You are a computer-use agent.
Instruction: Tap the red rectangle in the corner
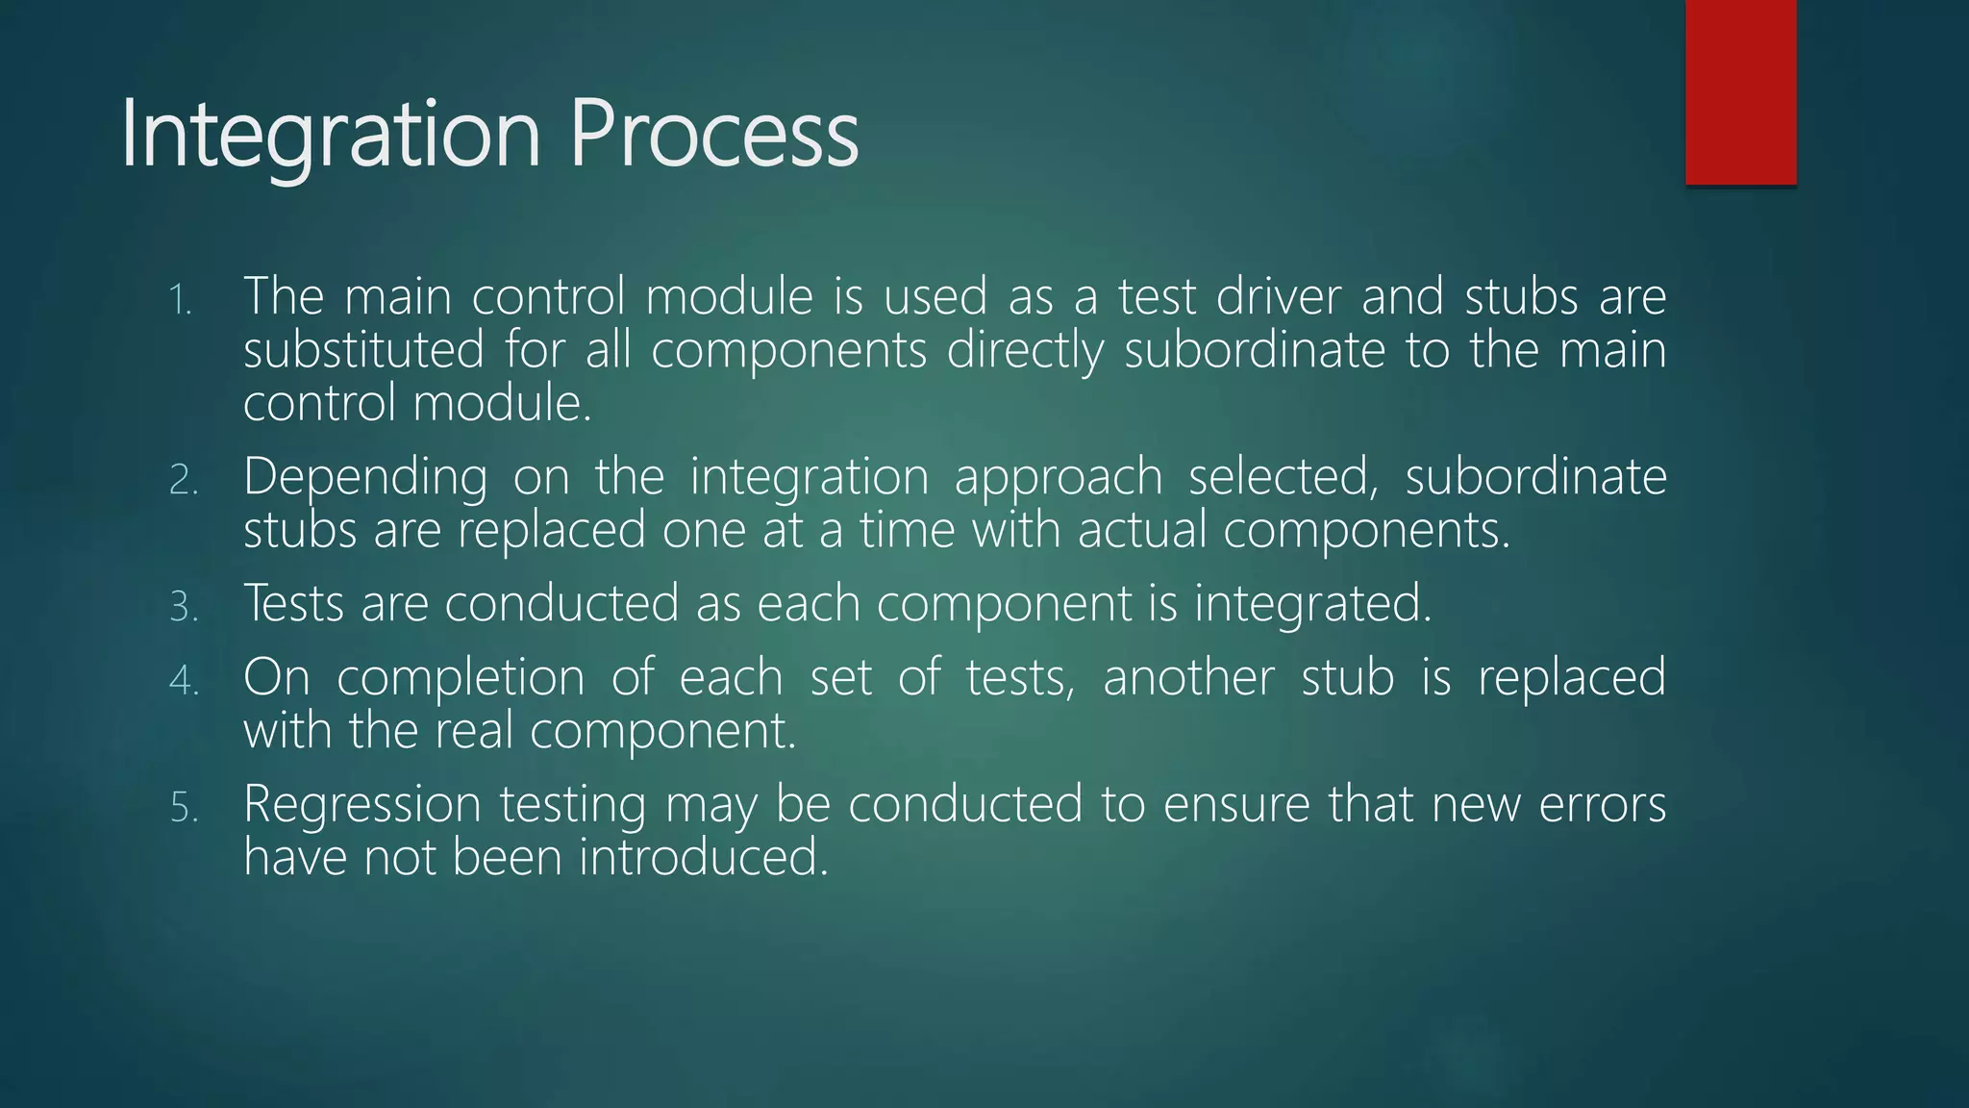(x=1740, y=91)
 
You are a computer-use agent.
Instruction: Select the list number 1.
(x=180, y=301)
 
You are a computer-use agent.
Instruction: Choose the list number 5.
(x=183, y=808)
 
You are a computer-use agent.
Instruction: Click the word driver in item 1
(x=1278, y=296)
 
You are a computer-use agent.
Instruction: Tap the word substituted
(x=363, y=349)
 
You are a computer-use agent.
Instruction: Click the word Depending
(x=365, y=477)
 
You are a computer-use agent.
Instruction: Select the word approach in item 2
(x=1058, y=477)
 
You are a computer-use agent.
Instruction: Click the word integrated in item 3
(x=1312, y=604)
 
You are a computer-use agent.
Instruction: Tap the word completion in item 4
(x=461, y=678)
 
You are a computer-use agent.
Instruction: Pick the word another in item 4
(x=1188, y=678)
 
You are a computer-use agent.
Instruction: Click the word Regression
(x=361, y=805)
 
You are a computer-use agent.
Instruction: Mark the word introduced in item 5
(x=703, y=857)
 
